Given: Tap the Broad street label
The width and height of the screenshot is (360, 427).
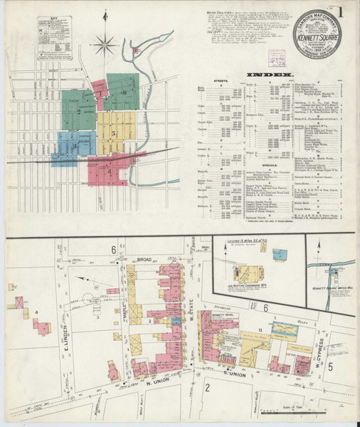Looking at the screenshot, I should [145, 259].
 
